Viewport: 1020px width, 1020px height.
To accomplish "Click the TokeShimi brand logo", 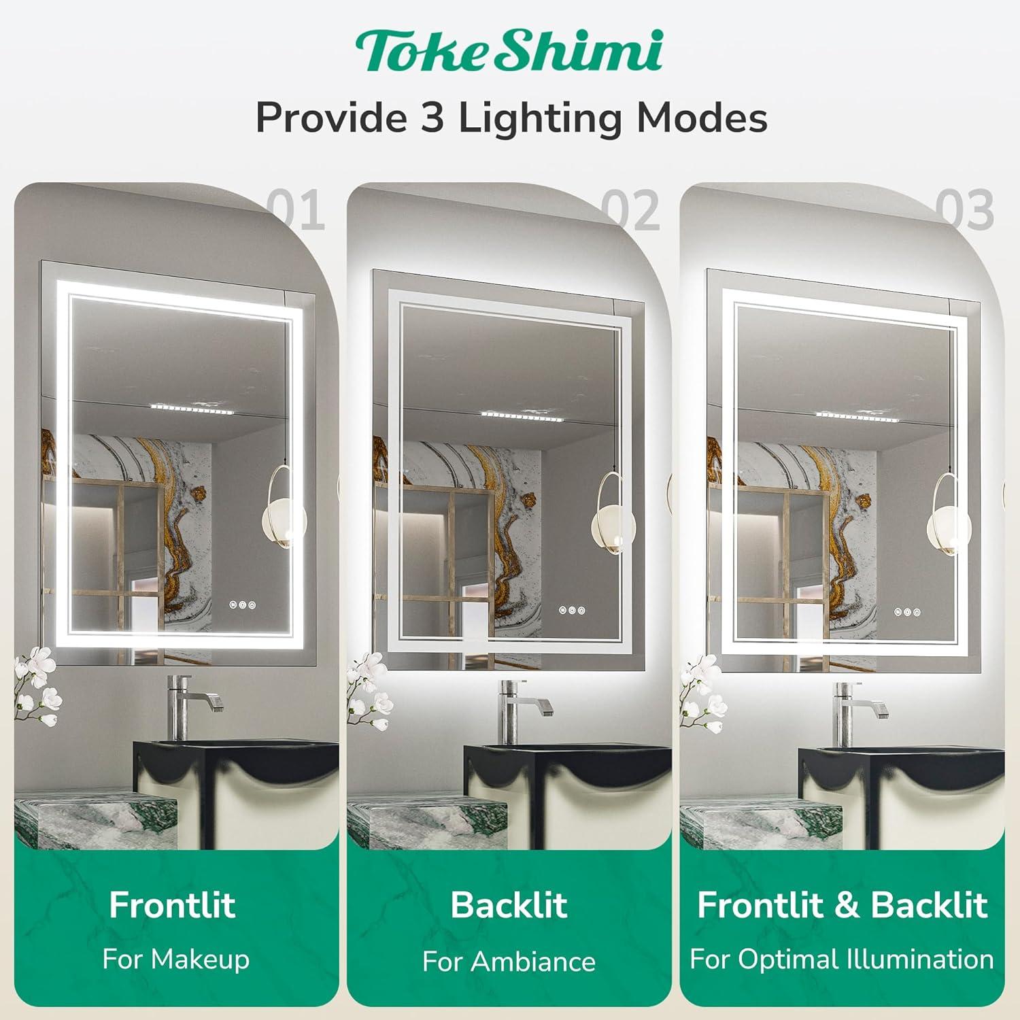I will (x=509, y=51).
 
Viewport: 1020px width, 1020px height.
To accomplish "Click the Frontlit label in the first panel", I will (x=172, y=905).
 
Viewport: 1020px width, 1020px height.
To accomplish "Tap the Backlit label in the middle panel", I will (x=509, y=905).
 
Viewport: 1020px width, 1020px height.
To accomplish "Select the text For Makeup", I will (x=175, y=959).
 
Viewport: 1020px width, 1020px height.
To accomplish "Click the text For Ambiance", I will (x=509, y=962).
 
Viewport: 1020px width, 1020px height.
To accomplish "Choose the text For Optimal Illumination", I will (x=842, y=959).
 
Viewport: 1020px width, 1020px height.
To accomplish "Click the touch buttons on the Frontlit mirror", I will (x=243, y=604).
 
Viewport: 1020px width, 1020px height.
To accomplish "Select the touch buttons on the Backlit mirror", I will (x=572, y=610).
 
